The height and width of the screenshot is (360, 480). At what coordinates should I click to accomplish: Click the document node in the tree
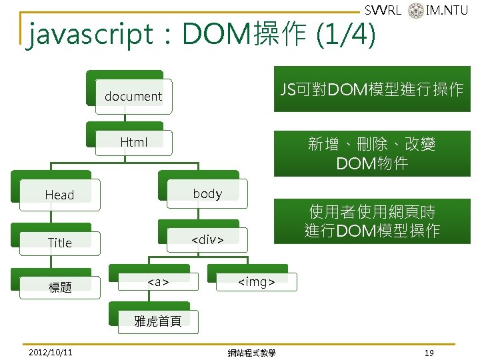(x=133, y=95)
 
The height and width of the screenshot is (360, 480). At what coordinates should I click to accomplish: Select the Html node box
(x=133, y=141)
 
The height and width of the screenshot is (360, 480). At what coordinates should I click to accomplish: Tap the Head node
(x=59, y=195)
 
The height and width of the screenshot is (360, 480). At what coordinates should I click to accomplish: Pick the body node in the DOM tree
(x=207, y=193)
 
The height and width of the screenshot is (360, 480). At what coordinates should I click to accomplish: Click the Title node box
(x=59, y=243)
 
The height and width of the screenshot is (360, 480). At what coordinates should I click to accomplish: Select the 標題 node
(x=59, y=287)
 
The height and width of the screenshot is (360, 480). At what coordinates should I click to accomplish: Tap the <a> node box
(x=158, y=282)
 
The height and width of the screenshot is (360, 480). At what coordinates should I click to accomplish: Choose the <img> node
(x=257, y=282)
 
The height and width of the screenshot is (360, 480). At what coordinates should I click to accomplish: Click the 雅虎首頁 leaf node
(x=158, y=321)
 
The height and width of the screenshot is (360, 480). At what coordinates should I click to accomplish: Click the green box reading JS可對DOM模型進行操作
(x=371, y=89)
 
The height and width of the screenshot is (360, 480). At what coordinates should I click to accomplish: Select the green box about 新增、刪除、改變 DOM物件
(x=371, y=153)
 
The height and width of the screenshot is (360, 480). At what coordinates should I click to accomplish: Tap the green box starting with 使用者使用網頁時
(x=371, y=221)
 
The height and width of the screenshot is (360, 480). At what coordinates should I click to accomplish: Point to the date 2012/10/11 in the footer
(x=51, y=352)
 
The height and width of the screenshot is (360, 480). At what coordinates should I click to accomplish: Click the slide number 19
(x=429, y=352)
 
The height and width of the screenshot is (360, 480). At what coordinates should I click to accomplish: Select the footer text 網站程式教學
(x=251, y=353)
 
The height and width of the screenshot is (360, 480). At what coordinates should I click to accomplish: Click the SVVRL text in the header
(x=383, y=10)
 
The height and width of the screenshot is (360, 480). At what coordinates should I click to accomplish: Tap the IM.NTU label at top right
(x=447, y=10)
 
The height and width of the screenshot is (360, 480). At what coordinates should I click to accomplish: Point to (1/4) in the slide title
(x=344, y=35)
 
